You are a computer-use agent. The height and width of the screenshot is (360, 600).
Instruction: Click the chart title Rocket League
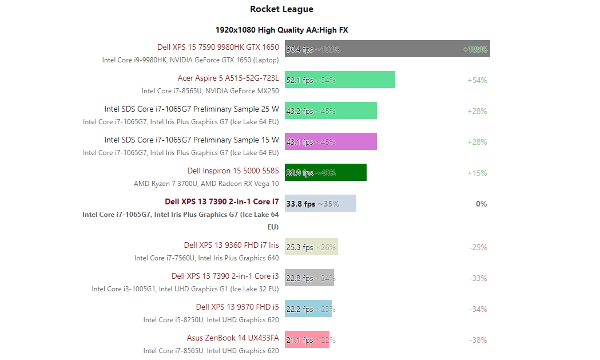[281, 9]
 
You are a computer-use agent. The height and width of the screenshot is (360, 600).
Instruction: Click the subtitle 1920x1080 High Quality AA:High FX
[281, 30]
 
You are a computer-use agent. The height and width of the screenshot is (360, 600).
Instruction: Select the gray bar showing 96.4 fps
[387, 49]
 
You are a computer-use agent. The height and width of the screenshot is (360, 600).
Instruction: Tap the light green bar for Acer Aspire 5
[340, 80]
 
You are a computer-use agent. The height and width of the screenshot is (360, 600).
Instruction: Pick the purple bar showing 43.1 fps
[331, 141]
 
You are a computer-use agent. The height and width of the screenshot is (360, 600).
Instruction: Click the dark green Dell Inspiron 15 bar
[325, 172]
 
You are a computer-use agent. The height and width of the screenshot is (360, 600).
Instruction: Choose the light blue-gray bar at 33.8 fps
[320, 203]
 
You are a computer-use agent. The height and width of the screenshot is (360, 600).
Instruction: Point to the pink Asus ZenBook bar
[307, 339]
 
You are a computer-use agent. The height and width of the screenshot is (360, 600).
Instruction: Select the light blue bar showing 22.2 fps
[308, 308]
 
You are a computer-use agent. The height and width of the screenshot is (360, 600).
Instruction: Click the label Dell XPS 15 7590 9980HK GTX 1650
[218, 47]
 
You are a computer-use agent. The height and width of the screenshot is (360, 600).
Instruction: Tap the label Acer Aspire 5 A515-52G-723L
[228, 78]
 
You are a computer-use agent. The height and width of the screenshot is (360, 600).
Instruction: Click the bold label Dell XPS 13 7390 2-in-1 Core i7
[222, 201]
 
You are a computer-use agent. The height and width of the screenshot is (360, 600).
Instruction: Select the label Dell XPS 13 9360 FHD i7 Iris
[232, 245]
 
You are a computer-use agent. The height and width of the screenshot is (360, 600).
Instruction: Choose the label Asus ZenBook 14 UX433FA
[233, 338]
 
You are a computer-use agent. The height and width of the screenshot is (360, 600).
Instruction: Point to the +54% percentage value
[477, 80]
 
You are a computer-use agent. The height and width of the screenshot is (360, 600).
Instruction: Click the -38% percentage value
[478, 340]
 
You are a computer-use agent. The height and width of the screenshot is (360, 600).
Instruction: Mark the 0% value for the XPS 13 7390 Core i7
[481, 204]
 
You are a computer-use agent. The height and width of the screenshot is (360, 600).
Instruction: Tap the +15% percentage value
[477, 173]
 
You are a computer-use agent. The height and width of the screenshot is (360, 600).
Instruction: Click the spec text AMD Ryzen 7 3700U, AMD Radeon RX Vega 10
[206, 184]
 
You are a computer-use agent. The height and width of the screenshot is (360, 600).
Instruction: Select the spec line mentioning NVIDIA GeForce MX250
[210, 91]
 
